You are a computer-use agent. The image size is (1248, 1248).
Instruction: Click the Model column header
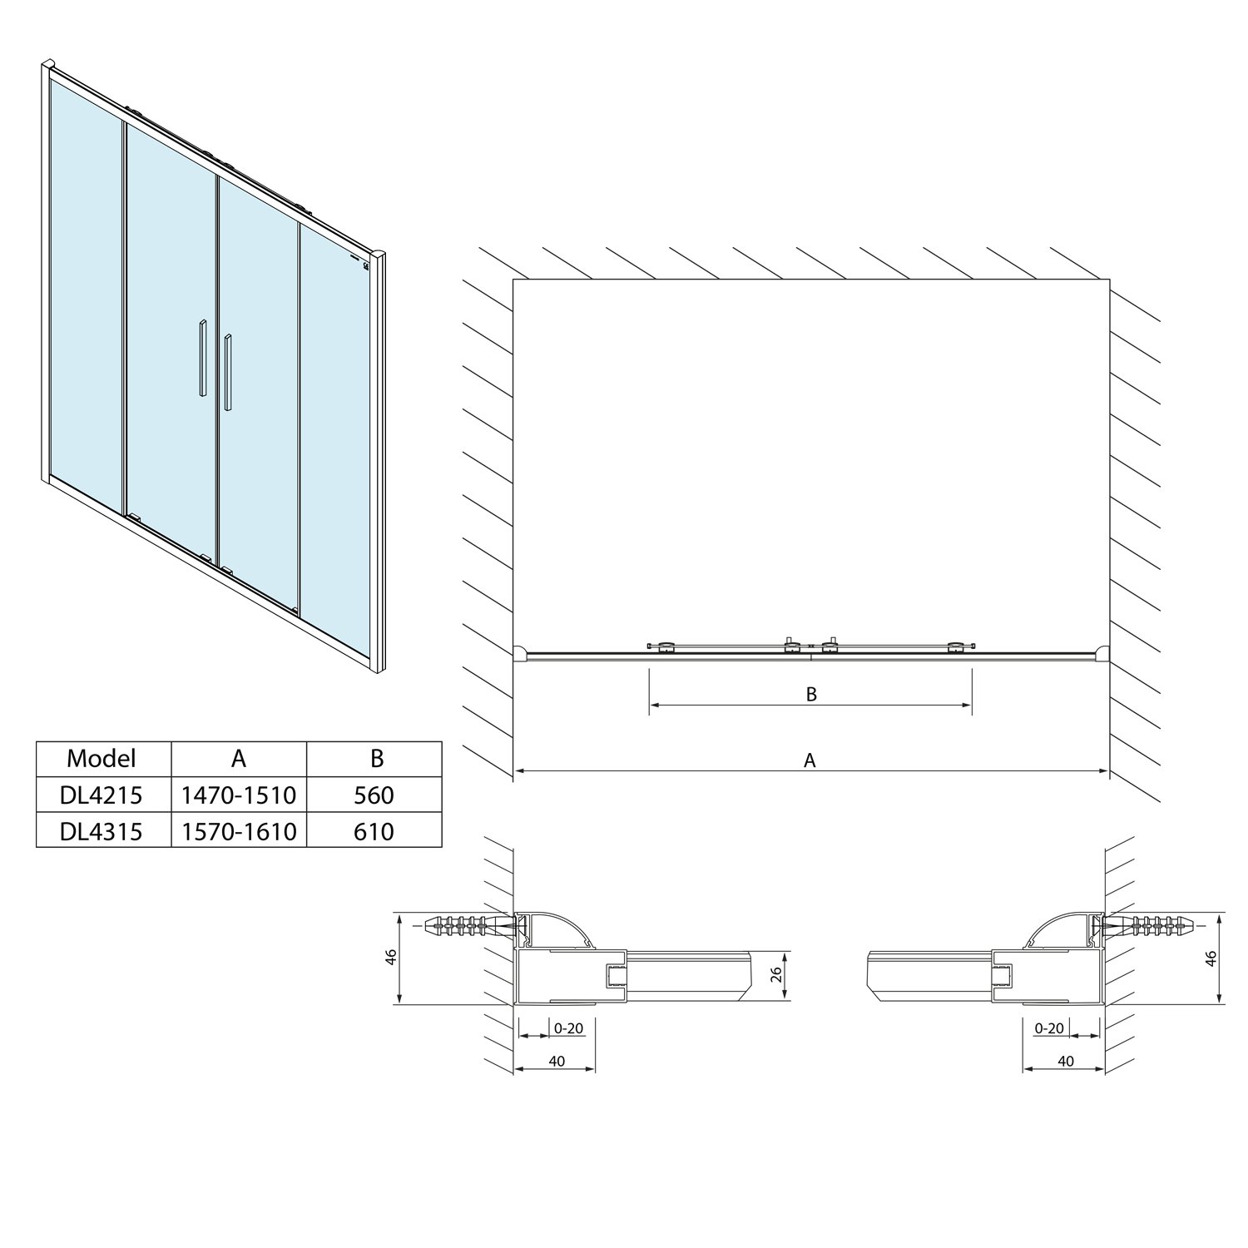102,758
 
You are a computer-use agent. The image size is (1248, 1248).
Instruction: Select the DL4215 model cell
102,795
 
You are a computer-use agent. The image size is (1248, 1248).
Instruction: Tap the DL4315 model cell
102,830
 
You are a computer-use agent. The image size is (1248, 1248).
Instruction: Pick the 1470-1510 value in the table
239,795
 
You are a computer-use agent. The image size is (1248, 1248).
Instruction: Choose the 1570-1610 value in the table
239,830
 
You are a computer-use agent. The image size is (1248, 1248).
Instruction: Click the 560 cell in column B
374,795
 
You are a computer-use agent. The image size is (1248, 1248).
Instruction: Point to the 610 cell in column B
374,830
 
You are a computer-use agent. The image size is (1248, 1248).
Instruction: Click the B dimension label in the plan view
812,693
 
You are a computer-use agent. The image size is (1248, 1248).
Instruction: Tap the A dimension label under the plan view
810,760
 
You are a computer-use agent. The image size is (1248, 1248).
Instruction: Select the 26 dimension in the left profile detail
775,974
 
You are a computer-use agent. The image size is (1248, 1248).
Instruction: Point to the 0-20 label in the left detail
568,1028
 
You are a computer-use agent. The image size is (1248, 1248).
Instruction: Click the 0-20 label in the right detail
1049,1028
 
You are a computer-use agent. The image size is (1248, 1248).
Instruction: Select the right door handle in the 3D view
227,373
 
